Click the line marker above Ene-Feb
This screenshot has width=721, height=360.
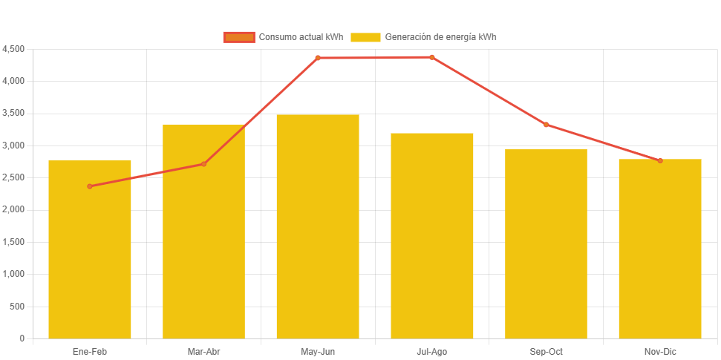90,186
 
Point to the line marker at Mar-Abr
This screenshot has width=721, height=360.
203,164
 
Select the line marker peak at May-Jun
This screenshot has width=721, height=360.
318,58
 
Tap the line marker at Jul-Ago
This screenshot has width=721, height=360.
432,57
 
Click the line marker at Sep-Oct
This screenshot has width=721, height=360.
546,125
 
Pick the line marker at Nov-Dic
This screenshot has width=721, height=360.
660,160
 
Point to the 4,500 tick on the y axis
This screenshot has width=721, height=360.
13,49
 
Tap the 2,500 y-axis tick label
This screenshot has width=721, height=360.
13,177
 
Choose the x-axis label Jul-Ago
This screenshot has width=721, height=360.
432,351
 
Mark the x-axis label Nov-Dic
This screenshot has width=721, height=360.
660,351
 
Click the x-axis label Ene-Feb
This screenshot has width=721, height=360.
90,351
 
